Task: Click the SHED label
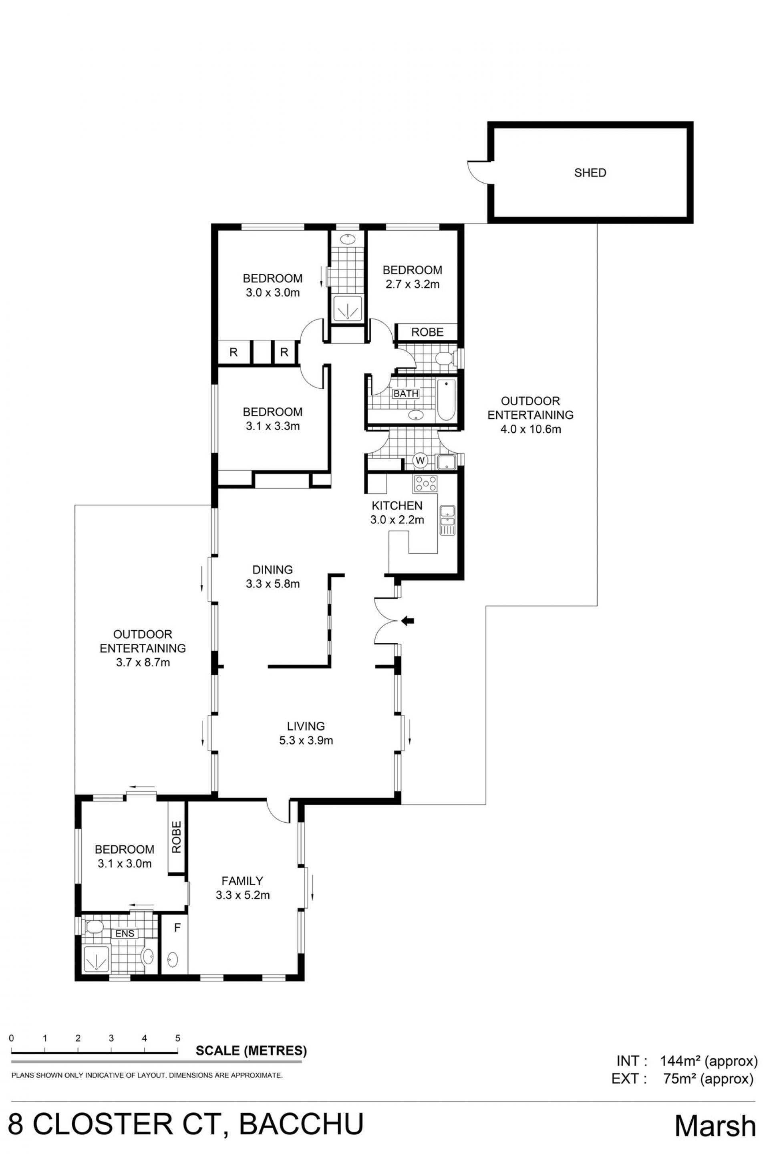point(590,173)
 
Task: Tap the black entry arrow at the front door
point(408,621)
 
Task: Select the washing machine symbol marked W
point(420,460)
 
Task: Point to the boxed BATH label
point(406,393)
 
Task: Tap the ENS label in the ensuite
point(125,933)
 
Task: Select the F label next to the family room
point(177,928)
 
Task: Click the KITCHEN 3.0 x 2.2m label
point(397,513)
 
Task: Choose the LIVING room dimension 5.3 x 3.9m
point(306,740)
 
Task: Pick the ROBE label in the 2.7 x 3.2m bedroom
point(427,332)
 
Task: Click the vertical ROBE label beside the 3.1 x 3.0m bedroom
point(177,837)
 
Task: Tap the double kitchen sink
point(448,520)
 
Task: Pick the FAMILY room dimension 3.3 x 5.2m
point(243,896)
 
